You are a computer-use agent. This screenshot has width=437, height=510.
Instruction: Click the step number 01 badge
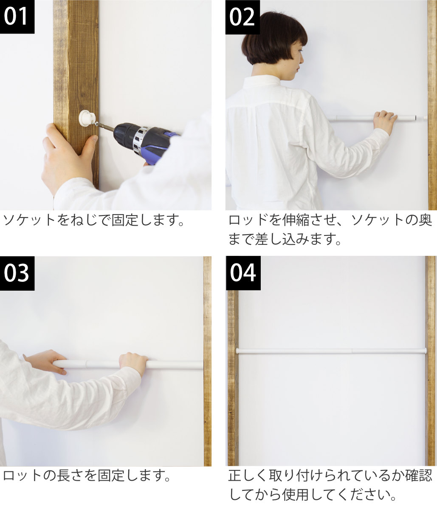click(x=17, y=17)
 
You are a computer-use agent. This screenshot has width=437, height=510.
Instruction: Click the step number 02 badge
click(x=242, y=17)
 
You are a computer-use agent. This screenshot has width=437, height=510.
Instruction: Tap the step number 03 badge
click(x=17, y=273)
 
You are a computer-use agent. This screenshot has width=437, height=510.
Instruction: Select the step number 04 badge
click(x=243, y=273)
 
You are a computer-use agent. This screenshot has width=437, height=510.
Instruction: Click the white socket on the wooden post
click(x=86, y=118)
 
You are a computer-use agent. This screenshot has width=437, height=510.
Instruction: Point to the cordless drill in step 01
click(x=142, y=138)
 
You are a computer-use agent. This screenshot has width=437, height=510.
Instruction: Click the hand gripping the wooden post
click(x=66, y=153)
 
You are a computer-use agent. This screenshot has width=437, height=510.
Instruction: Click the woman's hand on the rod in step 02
click(x=385, y=121)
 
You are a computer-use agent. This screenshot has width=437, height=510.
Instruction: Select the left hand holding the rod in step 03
click(x=45, y=361)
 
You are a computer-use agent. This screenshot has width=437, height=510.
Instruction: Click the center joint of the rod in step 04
click(x=352, y=351)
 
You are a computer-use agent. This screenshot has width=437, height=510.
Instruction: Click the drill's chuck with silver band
click(x=139, y=139)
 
